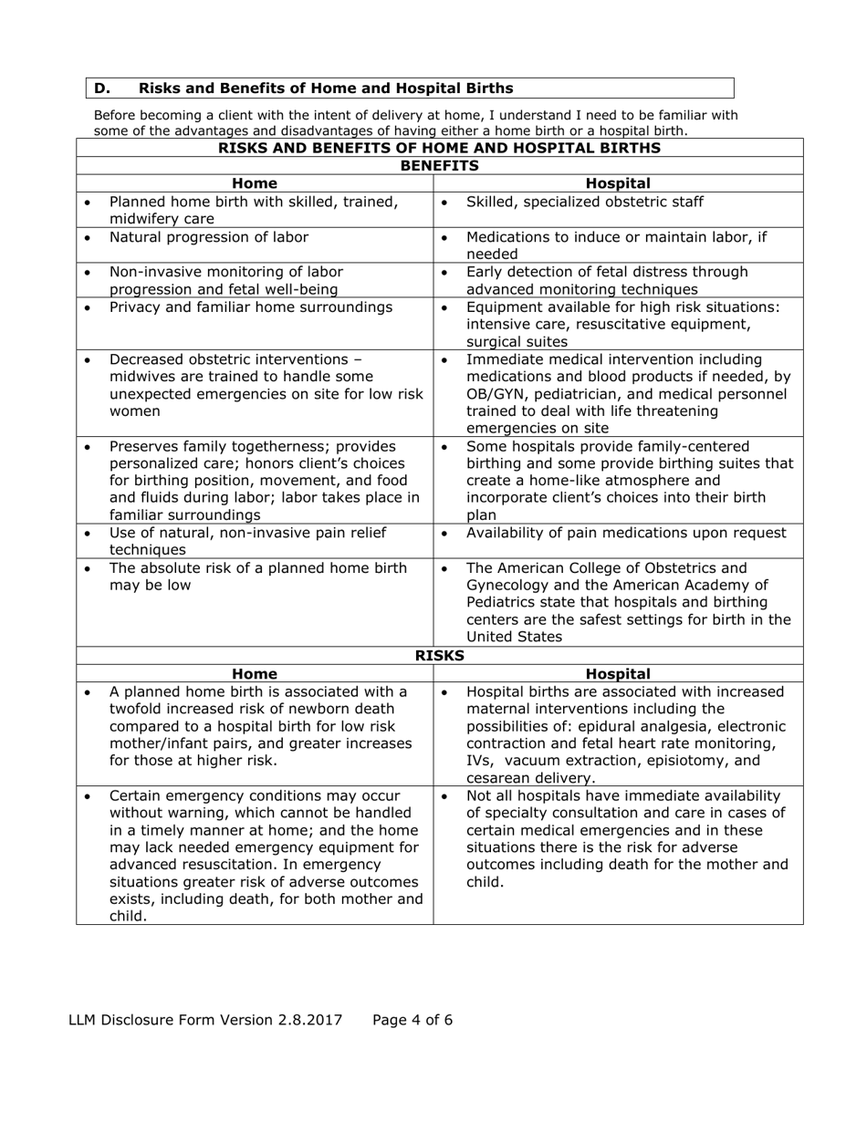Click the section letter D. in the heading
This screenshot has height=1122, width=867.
coord(101,88)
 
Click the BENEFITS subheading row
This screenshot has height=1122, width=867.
coord(440,166)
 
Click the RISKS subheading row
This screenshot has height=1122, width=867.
coord(440,656)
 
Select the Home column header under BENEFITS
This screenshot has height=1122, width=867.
coord(254,183)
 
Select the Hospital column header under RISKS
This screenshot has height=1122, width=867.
coord(618,674)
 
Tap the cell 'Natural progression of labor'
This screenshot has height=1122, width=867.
coord(208,237)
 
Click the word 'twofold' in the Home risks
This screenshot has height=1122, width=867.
coord(138,708)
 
